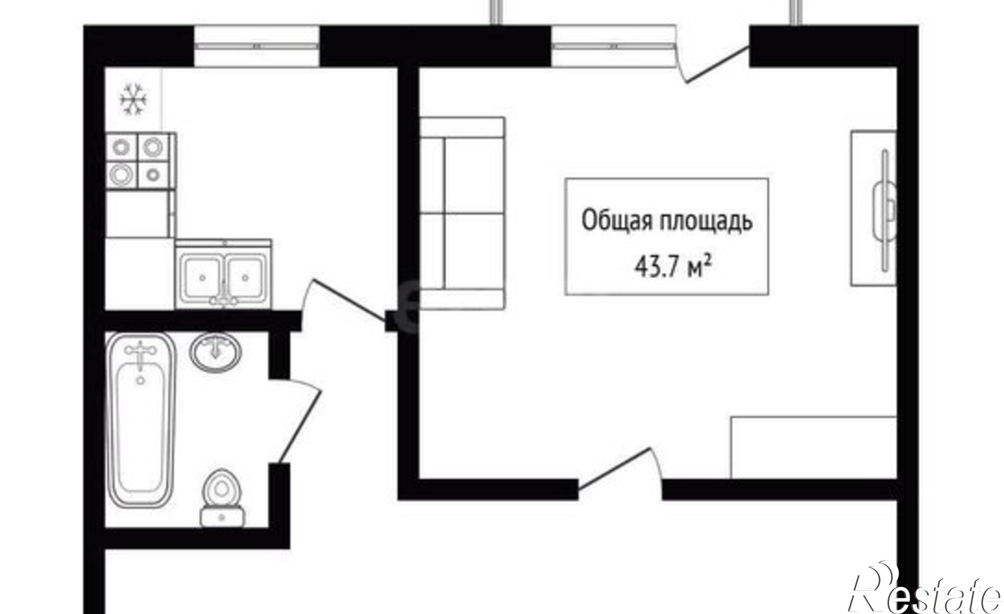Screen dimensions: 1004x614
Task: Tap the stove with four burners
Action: click(x=140, y=161)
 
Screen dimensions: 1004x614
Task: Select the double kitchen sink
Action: click(x=224, y=274)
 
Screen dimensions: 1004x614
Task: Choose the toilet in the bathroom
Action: click(x=222, y=498)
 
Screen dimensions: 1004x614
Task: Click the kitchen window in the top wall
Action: click(x=257, y=46)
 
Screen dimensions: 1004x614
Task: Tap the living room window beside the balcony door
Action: click(x=614, y=46)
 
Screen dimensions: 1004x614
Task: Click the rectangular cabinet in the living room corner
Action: click(x=813, y=447)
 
